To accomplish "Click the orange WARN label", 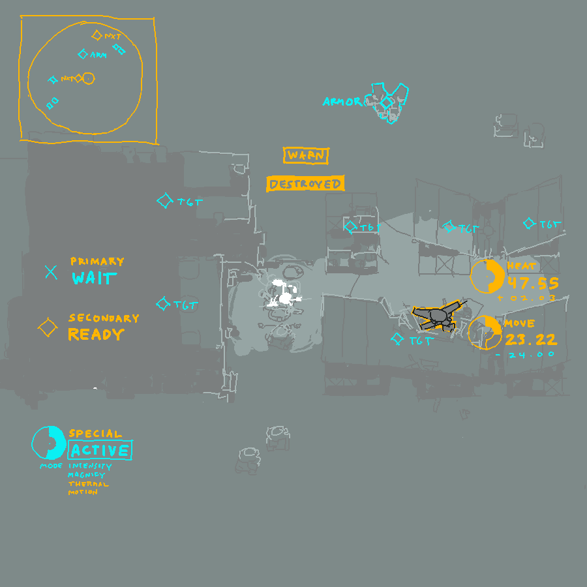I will (306, 156).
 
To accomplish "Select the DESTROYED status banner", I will (305, 184).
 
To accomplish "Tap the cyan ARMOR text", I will (343, 102).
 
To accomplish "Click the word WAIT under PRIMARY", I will (95, 278).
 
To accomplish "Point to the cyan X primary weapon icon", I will (51, 272).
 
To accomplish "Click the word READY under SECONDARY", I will (96, 335).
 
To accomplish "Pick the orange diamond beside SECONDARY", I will (48, 327).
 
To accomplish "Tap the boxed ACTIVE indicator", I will (100, 450).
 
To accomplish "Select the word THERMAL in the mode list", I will (89, 484).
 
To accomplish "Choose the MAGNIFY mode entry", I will (87, 475).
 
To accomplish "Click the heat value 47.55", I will (533, 284).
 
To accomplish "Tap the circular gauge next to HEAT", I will (487, 277).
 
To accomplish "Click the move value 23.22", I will (531, 339).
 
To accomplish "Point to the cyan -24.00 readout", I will (525, 355).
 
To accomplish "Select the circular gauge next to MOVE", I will (485, 333).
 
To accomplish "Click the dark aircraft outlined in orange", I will (440, 316).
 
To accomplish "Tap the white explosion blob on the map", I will (285, 297).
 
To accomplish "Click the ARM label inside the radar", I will (98, 56).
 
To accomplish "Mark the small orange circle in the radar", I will (89, 78).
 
